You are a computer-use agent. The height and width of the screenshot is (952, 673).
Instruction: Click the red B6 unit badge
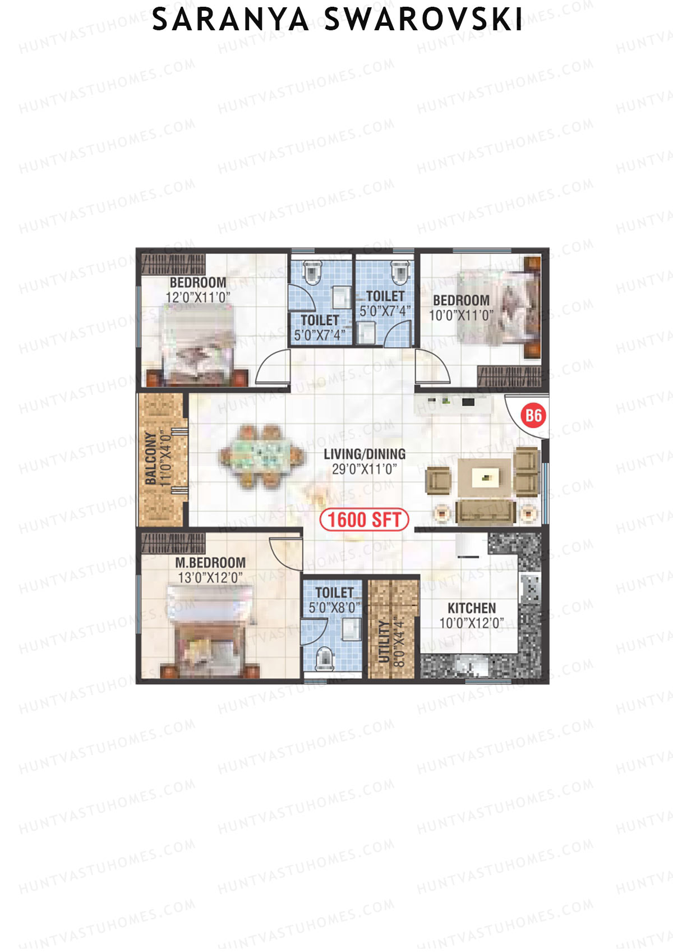pos(533,415)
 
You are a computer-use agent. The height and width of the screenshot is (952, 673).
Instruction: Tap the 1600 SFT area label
pos(364,519)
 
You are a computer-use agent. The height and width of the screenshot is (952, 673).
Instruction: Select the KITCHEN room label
pos(472,608)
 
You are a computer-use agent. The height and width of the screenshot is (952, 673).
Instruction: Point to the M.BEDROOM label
pos(210,562)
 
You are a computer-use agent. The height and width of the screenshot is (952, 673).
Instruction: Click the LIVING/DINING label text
pos(365,454)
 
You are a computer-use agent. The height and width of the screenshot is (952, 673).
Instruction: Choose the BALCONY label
pos(151,458)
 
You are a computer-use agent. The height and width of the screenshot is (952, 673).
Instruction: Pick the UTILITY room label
pos(384,641)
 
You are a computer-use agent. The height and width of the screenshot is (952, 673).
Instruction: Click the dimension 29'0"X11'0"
pos(365,469)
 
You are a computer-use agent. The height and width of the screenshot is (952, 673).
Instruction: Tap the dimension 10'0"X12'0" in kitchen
pos(472,623)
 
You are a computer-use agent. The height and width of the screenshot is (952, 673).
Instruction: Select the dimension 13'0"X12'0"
pos(210,577)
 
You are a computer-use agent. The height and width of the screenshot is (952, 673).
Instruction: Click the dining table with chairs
pos(262,455)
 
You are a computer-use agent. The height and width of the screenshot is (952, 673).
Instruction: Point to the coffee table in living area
pos(485,477)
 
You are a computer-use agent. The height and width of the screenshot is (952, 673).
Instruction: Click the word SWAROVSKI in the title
pos(423,20)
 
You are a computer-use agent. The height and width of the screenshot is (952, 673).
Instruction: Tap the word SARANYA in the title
pos(231,20)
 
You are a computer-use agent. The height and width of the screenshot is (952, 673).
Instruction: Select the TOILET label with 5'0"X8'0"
pos(334,592)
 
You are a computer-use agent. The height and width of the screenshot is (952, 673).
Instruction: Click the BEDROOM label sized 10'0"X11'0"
pos(461,300)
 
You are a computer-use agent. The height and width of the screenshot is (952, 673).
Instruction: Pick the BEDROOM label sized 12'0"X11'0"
pos(198,282)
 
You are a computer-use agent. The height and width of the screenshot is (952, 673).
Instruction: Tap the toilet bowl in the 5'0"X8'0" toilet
pos(325,658)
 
